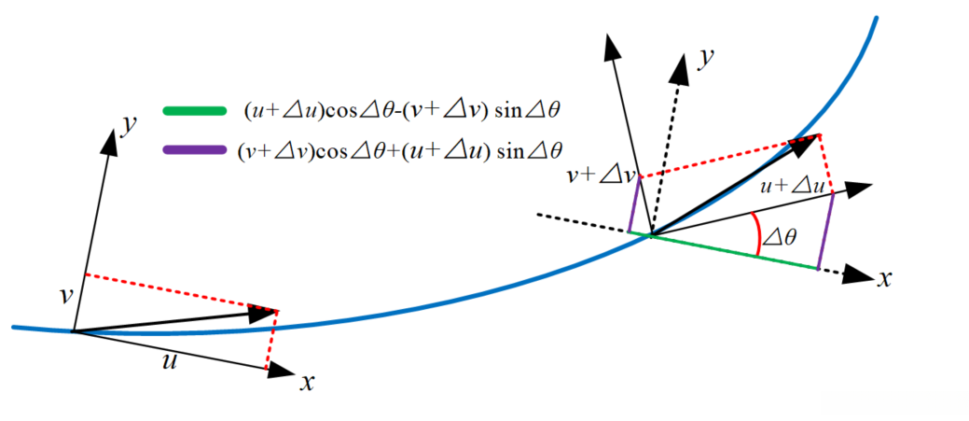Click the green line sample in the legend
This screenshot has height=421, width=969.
pyautogui.click(x=194, y=111)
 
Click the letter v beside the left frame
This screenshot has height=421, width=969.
pyautogui.click(x=64, y=295)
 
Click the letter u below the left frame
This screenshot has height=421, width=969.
pyautogui.click(x=170, y=361)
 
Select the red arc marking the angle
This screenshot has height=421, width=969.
pyautogui.click(x=755, y=233)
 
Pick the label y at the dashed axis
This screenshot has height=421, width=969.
pyautogui.click(x=708, y=60)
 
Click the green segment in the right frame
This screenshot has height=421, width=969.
pyautogui.click(x=733, y=252)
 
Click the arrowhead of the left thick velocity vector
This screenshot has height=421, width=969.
pyautogui.click(x=267, y=314)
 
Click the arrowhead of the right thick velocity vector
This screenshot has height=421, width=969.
pyautogui.click(x=803, y=142)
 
